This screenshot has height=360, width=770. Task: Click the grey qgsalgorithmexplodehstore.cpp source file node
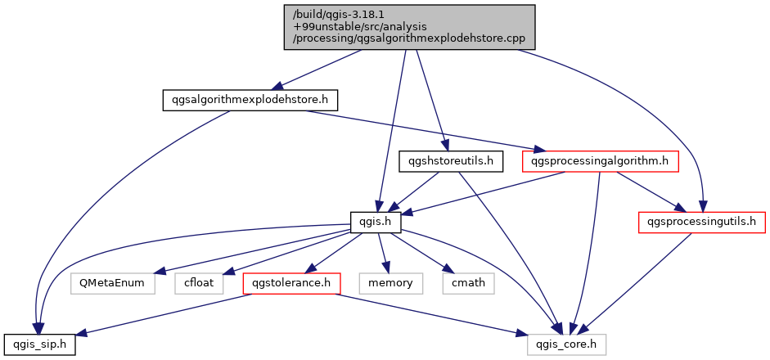pyautogui.click(x=409, y=27)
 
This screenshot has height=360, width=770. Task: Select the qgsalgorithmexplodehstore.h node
pyautogui.click(x=250, y=100)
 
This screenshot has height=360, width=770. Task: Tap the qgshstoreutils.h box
pyautogui.click(x=450, y=161)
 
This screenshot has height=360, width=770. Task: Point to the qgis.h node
pyautogui.click(x=376, y=221)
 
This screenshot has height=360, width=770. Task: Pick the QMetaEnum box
pyautogui.click(x=112, y=283)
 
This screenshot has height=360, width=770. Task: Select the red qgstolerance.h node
pyautogui.click(x=291, y=283)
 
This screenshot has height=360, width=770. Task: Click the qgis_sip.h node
pyautogui.click(x=39, y=345)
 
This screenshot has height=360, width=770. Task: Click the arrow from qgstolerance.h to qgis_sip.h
pyautogui.click(x=164, y=314)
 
